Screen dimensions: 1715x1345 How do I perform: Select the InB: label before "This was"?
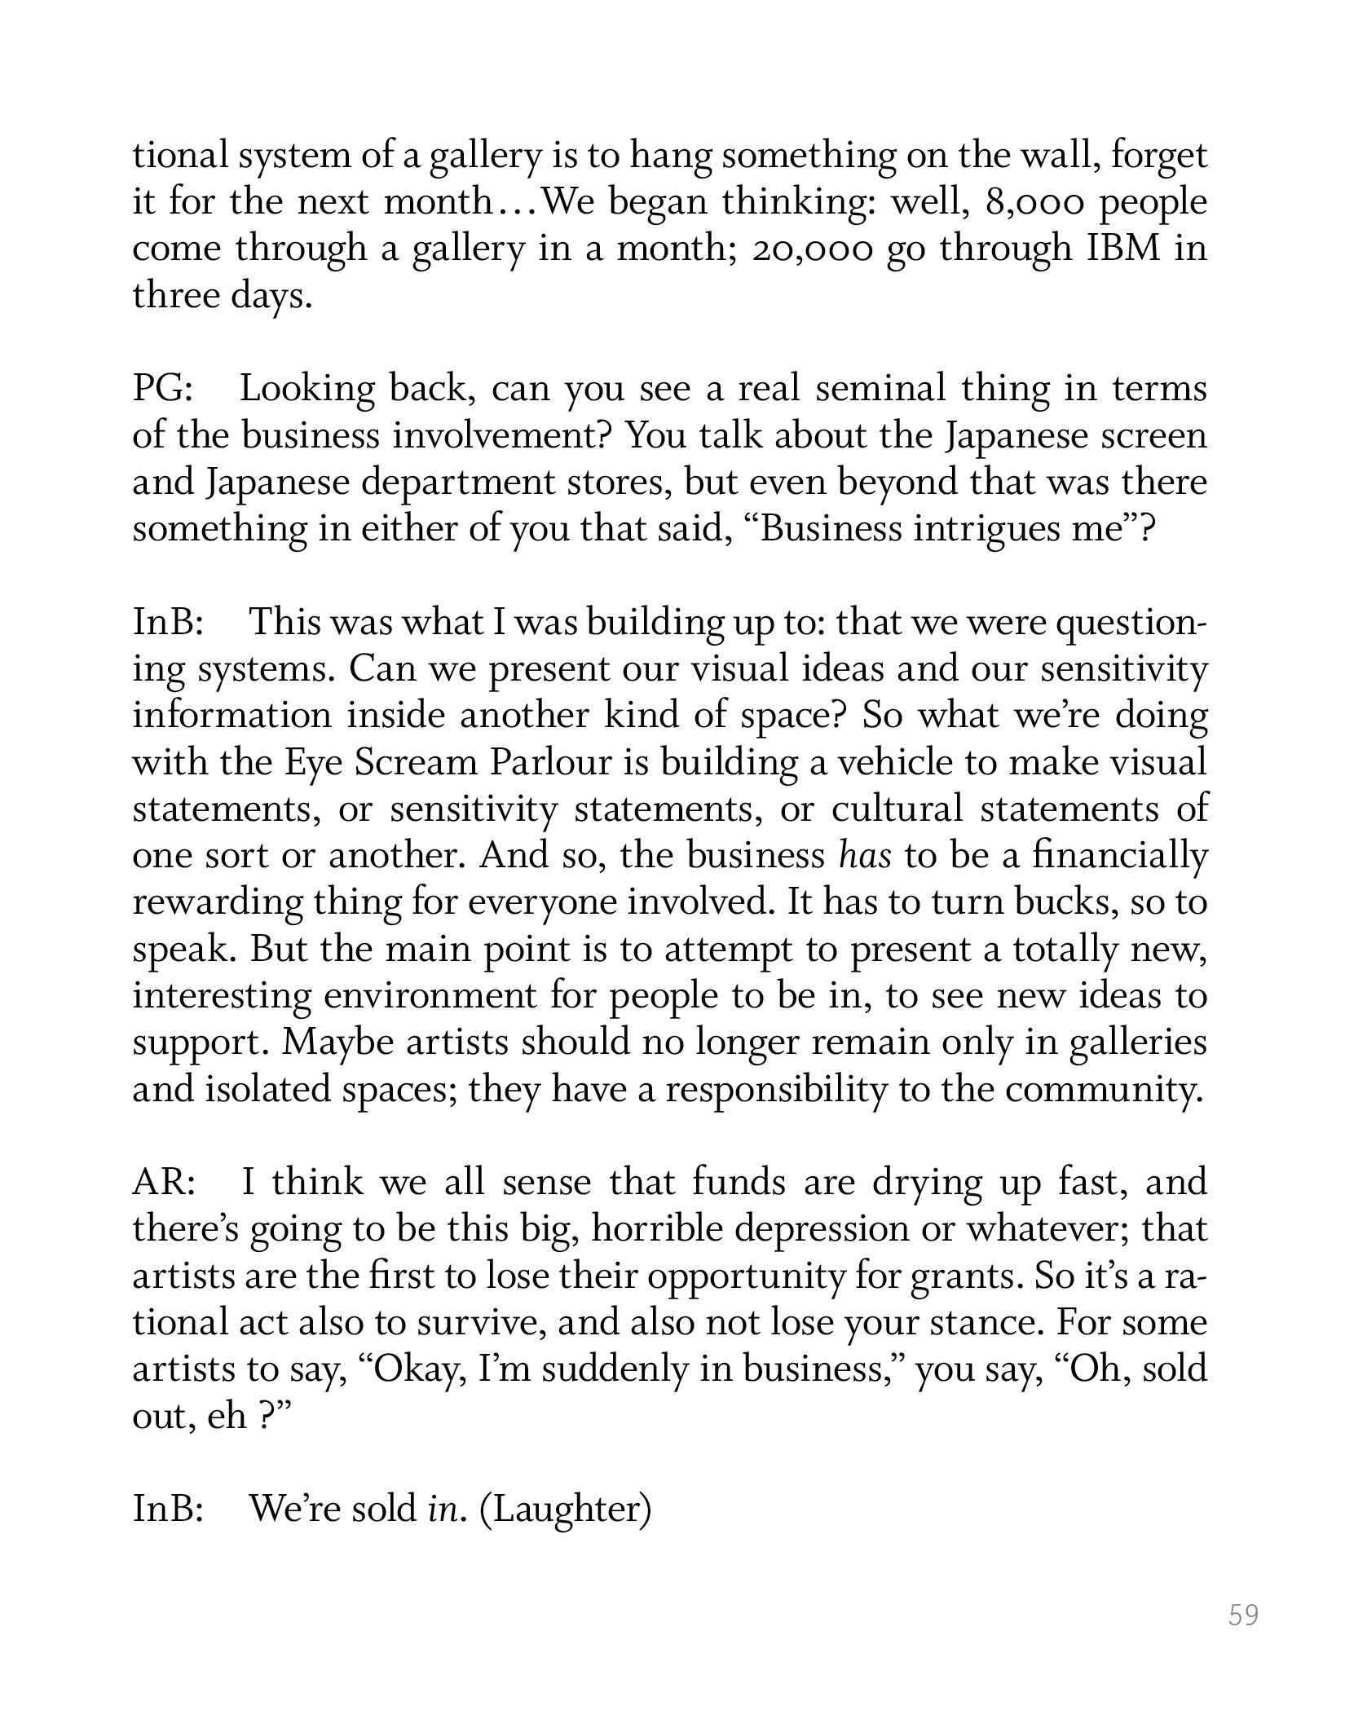(x=168, y=623)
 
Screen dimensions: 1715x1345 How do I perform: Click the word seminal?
(x=881, y=390)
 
